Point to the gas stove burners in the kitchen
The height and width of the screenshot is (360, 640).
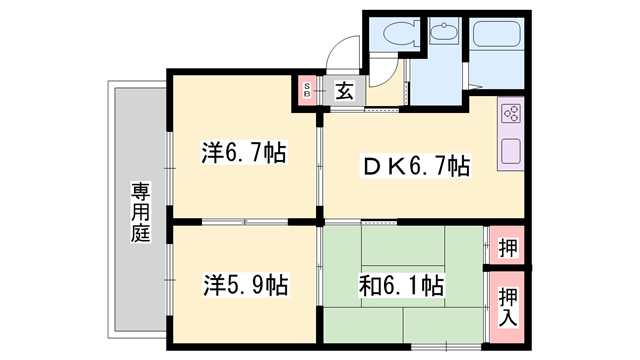(508, 113)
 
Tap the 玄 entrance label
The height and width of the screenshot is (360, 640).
(343, 92)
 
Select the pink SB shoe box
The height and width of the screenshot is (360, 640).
(308, 92)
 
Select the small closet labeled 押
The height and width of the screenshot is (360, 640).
(507, 246)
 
